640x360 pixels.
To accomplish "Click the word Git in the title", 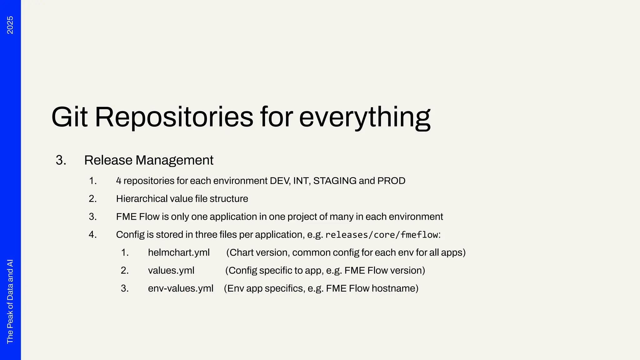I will (x=69, y=117).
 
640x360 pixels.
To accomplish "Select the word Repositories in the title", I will (x=174, y=117).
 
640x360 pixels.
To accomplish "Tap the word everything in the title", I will (x=365, y=117).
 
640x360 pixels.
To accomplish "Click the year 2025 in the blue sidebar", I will (x=10, y=25).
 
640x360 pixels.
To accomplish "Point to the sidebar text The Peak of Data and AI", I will (x=10, y=301).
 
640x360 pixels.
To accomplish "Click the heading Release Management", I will (x=149, y=160).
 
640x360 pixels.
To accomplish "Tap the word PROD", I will (x=391, y=181).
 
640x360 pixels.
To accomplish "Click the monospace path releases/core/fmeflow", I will (x=382, y=235).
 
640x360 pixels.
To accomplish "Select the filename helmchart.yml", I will (x=179, y=252).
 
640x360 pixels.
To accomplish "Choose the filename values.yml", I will (x=171, y=270).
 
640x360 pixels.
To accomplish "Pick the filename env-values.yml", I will (x=181, y=288).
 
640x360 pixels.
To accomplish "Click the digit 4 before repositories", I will (x=119, y=181).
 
